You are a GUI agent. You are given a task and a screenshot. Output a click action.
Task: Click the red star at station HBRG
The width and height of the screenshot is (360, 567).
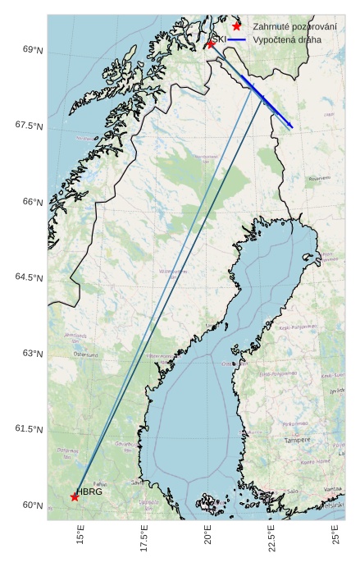coord(75,496)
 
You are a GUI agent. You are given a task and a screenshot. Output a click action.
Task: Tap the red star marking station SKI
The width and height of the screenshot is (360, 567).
coord(211,43)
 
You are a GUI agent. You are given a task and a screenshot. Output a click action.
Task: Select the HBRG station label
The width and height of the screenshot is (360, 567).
coord(89,492)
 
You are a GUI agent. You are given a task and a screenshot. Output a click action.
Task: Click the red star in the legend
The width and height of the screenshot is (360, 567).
coord(237,26)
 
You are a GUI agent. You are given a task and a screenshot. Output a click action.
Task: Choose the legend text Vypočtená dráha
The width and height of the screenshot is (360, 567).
coord(287,39)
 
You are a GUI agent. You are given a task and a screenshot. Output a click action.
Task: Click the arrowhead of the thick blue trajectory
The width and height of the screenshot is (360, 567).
coord(290,126)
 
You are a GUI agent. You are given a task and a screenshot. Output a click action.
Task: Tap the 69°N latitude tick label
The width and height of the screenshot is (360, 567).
coord(33,50)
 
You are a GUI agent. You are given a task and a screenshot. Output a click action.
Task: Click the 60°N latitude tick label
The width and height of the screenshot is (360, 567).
coord(33,505)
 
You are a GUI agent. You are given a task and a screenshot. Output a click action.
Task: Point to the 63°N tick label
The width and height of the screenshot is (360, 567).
coord(33,354)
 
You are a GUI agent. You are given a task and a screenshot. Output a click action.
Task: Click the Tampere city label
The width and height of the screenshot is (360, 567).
coord(298,440)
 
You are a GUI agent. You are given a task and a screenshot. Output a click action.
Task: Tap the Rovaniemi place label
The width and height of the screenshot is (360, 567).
coord(319,178)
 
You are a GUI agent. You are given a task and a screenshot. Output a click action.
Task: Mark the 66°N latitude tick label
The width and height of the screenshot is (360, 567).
coord(33,202)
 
